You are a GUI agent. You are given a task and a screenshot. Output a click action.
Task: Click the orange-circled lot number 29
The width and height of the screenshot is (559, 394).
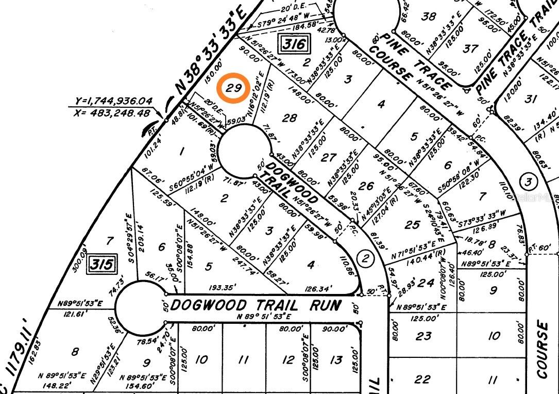tap(234, 88)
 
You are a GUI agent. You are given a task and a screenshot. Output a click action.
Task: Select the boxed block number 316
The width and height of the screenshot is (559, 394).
tap(295, 44)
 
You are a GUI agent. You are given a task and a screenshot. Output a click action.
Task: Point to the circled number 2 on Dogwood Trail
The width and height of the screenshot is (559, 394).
tap(365, 258)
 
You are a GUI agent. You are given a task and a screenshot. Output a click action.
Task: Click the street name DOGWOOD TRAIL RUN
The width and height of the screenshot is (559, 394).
tap(255, 305)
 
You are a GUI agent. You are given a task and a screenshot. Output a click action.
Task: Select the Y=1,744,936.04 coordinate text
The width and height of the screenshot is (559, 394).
tap(113, 101)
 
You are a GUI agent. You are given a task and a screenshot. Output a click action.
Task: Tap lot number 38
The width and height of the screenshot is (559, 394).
tap(429, 17)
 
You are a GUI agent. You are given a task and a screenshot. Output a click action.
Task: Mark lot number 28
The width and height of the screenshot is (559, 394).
tap(290, 118)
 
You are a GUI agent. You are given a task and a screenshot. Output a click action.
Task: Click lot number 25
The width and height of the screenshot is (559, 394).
tap(412, 225)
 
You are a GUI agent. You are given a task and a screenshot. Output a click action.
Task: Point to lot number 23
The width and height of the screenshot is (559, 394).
tap(424, 336)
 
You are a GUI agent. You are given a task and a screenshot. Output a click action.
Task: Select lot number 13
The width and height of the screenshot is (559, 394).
tap(336, 359)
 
